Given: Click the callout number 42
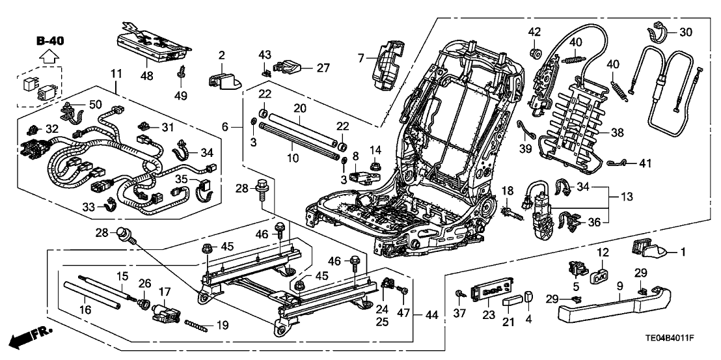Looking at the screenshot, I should click(x=534, y=32).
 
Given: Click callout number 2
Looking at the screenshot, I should click(x=221, y=55).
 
